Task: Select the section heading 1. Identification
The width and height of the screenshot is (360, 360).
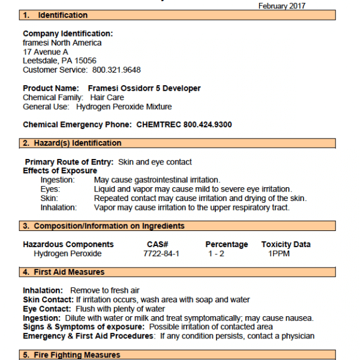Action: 55,15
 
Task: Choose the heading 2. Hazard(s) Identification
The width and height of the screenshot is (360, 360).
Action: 72,143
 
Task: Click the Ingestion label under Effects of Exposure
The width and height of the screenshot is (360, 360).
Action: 58,180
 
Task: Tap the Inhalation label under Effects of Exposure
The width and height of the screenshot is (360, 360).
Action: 59,208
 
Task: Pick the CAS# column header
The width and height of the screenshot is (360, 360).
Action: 157,244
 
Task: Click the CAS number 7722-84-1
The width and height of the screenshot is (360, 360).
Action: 161,254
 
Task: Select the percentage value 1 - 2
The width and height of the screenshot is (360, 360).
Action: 217,254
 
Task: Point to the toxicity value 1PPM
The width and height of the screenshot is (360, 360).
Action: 279,254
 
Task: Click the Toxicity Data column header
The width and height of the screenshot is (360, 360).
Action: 286,244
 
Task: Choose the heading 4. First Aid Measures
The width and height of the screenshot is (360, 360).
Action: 64,272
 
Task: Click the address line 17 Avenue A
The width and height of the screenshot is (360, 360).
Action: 46,52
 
